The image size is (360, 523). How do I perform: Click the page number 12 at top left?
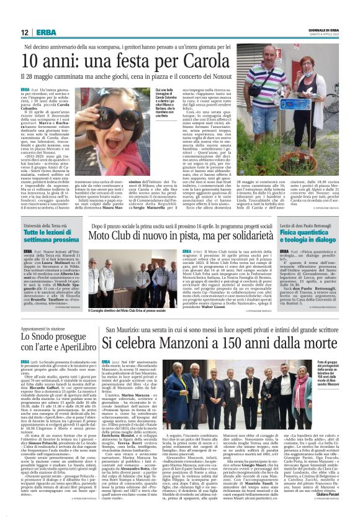point(25,32)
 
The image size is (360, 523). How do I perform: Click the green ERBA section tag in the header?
point(46,32)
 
